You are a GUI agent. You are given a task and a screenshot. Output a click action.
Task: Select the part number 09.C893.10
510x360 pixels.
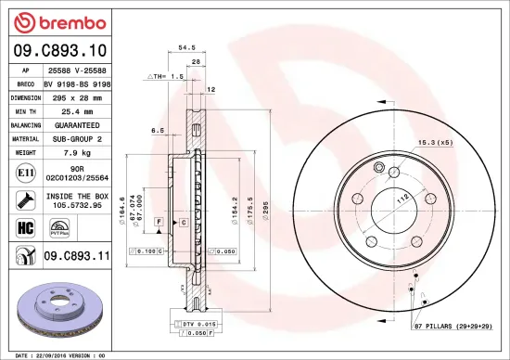coord(58,52)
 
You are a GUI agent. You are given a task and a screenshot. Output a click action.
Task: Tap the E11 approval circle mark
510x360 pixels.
coord(22,172)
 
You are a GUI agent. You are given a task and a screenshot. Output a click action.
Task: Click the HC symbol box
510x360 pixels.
coord(22,225)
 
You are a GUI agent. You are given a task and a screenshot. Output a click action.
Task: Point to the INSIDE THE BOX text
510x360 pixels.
coord(77,197)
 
